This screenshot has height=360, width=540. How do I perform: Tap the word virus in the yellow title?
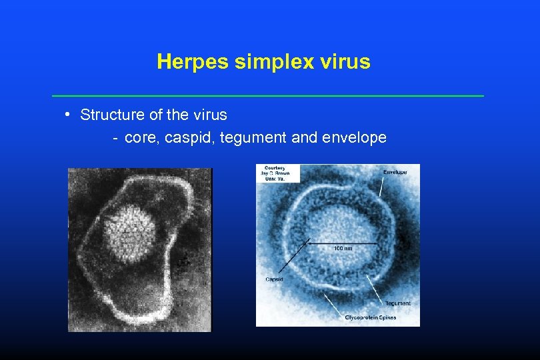click(x=347, y=62)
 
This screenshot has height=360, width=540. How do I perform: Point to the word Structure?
click(x=112, y=115)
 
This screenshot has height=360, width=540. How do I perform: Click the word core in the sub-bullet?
click(x=137, y=138)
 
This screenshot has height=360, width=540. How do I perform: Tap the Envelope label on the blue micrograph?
click(x=394, y=172)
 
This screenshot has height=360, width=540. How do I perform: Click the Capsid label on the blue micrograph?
click(x=275, y=279)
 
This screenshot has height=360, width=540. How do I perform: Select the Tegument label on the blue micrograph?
click(x=397, y=303)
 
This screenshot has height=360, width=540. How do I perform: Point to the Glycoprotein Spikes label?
click(x=370, y=317)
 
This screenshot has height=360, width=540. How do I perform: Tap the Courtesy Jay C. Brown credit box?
click(x=278, y=173)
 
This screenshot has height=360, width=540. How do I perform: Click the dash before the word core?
click(x=116, y=139)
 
